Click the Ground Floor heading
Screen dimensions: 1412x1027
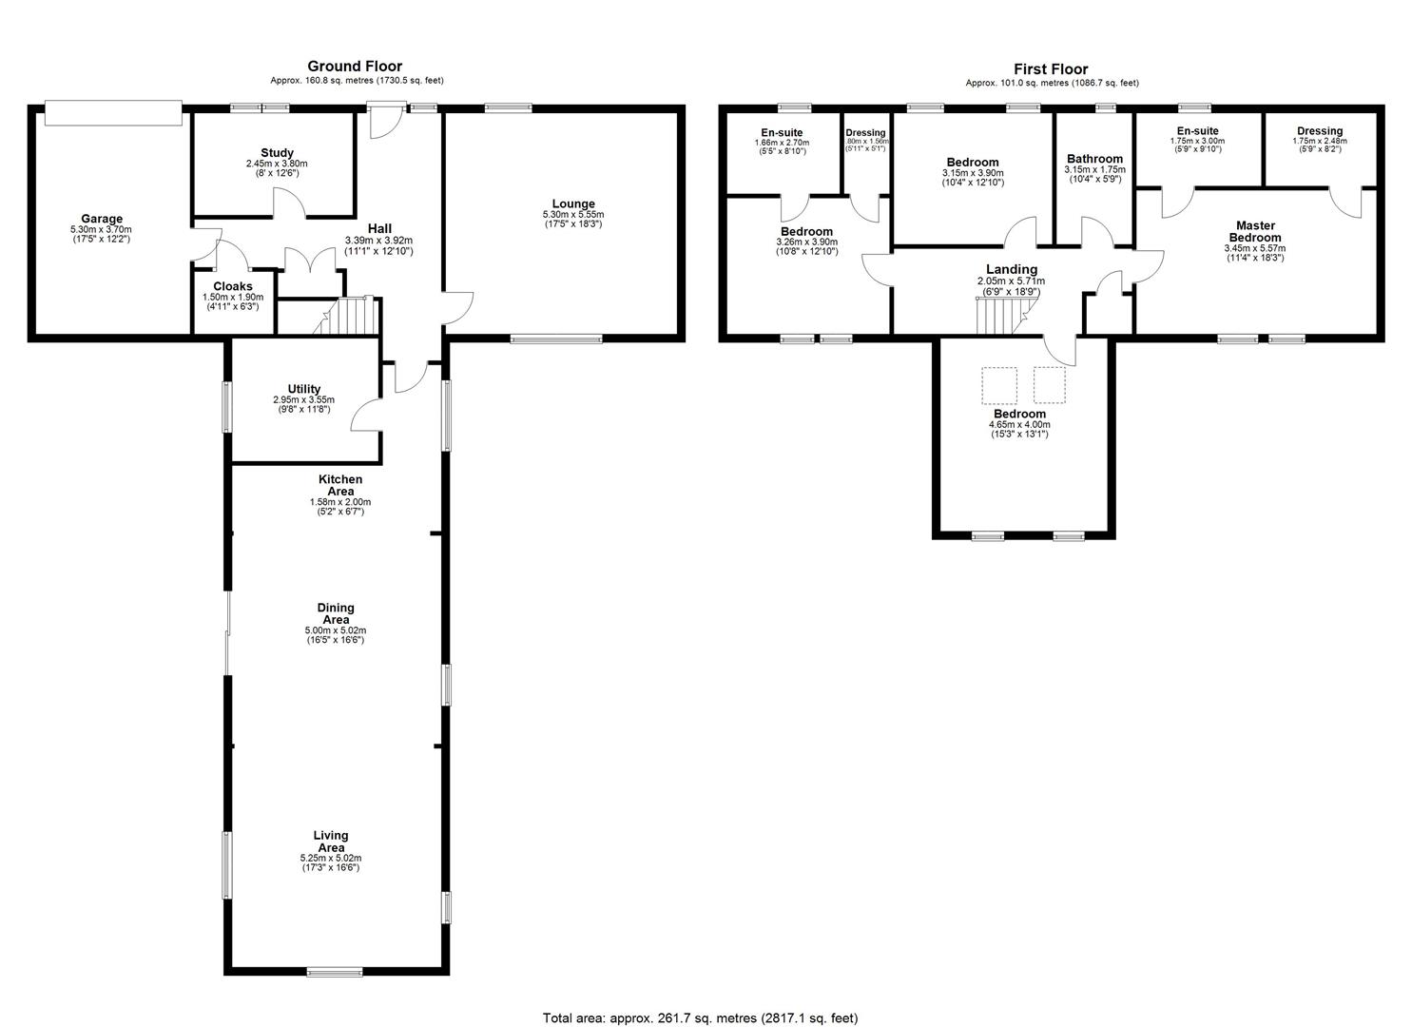pos(355,67)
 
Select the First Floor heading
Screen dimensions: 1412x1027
pos(1051,68)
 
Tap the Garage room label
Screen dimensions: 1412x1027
pos(102,220)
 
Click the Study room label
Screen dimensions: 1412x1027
pos(278,152)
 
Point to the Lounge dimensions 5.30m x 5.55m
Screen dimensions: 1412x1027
pos(573,214)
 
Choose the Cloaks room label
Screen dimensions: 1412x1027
pos(233,286)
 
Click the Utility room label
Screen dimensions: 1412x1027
pos(304,389)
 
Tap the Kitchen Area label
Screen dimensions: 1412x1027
pos(340,485)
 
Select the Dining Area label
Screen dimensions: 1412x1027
pos(336,613)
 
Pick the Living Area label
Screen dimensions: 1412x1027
pos(331,841)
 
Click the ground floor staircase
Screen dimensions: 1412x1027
pos(347,315)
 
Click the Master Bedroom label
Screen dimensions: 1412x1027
pos(1255,231)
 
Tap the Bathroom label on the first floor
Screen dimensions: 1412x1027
pos(1095,159)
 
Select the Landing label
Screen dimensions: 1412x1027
pos(1012,269)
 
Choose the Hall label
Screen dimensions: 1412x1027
pos(379,228)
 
